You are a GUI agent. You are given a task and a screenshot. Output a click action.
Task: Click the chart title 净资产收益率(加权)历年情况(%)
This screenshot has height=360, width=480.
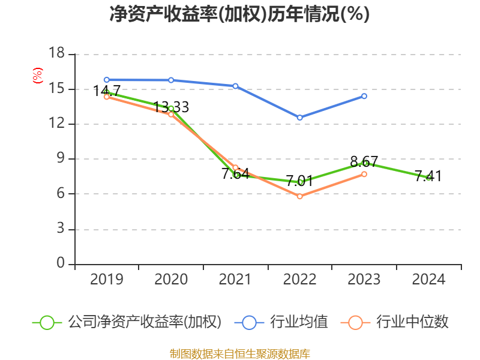coord(239,14)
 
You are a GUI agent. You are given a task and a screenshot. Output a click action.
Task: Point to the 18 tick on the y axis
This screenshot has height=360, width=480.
coord(56,54)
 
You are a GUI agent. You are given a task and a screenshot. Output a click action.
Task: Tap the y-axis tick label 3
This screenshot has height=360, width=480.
coord(61,229)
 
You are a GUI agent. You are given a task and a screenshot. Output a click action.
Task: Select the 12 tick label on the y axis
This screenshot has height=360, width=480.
coord(56,124)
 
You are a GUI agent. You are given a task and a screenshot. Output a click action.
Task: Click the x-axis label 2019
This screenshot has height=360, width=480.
coord(106,280)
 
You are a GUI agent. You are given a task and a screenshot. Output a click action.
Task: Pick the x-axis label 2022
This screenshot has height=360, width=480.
coord(299,280)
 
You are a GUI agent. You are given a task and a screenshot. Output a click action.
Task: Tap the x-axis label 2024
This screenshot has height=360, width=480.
coord(428,280)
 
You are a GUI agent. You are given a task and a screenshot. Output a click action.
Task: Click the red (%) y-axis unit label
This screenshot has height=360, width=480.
coord(37,76)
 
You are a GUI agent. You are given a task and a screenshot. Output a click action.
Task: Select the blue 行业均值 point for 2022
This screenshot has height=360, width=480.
coord(300,118)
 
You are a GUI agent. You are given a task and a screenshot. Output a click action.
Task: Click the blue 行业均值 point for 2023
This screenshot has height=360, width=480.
coord(364,96)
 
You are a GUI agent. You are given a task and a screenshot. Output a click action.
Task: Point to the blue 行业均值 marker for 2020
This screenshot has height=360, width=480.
coord(171,80)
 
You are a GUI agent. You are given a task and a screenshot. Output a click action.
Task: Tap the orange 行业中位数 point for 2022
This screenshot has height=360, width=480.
coord(300,196)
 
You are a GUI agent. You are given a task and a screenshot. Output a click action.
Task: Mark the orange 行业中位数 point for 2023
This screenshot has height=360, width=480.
coord(364,174)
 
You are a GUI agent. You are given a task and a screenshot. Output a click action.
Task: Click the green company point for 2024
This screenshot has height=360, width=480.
coord(428,178)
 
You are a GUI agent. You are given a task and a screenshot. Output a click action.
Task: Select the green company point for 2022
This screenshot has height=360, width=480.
coord(300,182)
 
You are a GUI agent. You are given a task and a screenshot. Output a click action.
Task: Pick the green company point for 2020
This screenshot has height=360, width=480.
coord(171,109)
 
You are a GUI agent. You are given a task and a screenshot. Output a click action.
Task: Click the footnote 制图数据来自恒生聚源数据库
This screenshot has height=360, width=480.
coord(239,353)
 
